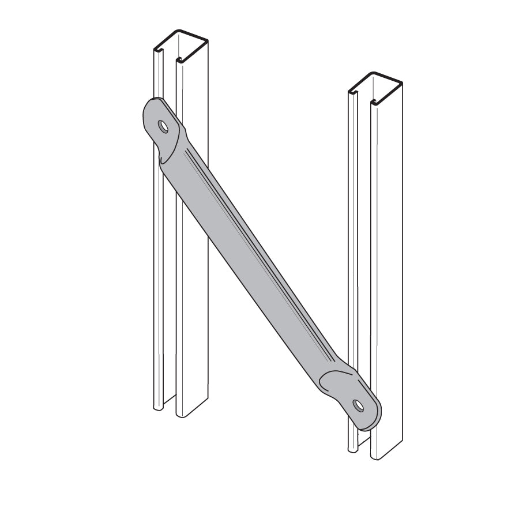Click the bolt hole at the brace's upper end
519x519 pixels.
point(164,127)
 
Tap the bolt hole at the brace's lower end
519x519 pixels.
point(359,405)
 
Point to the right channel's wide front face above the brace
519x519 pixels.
point(386,231)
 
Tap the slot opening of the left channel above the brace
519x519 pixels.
point(170,81)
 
